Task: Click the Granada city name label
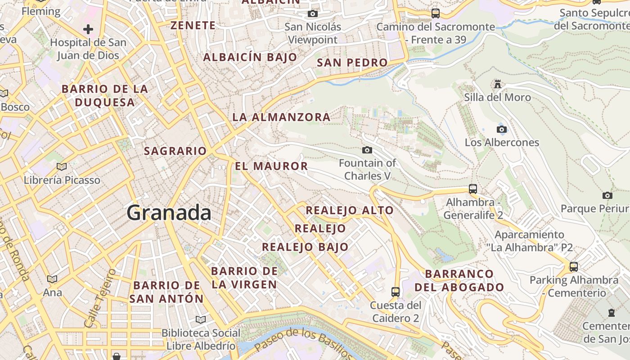(169, 212)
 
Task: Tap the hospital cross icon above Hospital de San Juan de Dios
(88, 30)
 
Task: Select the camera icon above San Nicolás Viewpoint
(313, 14)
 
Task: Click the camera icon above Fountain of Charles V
(367, 150)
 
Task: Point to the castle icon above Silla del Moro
(497, 84)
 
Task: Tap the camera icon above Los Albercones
(502, 130)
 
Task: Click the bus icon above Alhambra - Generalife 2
(473, 189)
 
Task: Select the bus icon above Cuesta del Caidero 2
(396, 292)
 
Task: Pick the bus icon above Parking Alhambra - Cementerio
(574, 267)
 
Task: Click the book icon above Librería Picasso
(62, 167)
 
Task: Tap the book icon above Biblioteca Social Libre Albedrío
(201, 319)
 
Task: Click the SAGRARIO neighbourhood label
(175, 151)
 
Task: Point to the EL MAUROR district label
(271, 166)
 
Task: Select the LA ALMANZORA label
(281, 117)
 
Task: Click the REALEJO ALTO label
(350, 210)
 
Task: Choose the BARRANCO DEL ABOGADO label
(459, 280)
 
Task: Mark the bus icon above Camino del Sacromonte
(435, 13)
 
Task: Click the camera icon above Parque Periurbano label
(607, 195)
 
